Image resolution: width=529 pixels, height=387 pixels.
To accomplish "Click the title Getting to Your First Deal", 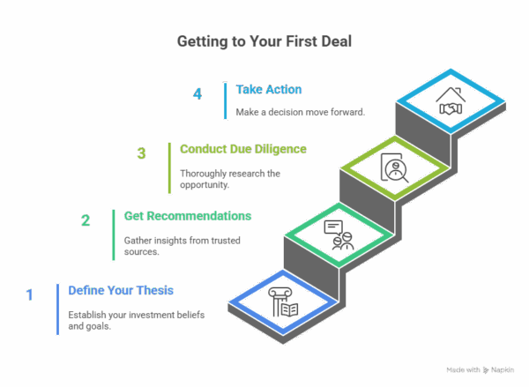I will [x=264, y=41].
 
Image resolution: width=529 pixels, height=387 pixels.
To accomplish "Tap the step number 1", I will [x=28, y=294].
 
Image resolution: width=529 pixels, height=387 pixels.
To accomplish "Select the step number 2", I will [x=86, y=220].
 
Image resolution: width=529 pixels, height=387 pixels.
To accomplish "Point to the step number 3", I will [x=141, y=153].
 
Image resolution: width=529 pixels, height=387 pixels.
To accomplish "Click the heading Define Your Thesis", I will [x=122, y=290].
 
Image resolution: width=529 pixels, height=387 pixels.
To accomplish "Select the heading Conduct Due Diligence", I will [x=243, y=149].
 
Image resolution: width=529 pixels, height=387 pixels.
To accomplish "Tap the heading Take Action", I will [x=269, y=89].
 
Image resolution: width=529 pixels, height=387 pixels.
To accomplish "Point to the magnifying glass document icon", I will [x=392, y=167].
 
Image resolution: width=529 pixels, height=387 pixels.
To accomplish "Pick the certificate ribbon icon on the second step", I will [x=338, y=235].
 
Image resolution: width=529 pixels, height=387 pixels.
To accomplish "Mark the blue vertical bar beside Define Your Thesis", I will [x=57, y=309].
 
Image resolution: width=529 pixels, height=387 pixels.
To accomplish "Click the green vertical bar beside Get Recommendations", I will [x=113, y=234].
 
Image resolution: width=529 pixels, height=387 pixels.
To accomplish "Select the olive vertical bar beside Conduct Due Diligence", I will [x=169, y=167].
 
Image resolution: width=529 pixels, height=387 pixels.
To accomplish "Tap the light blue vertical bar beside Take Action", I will [x=224, y=101].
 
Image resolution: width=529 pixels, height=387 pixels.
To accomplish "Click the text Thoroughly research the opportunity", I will [x=230, y=178].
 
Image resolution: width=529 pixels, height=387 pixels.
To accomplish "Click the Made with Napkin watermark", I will [x=481, y=370].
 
